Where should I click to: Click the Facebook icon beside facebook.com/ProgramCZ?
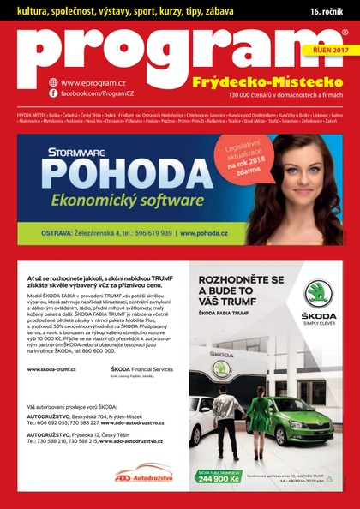(x=53, y=92)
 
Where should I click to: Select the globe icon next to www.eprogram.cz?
(x=53, y=81)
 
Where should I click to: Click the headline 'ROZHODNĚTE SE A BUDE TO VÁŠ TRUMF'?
(x=241, y=290)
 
